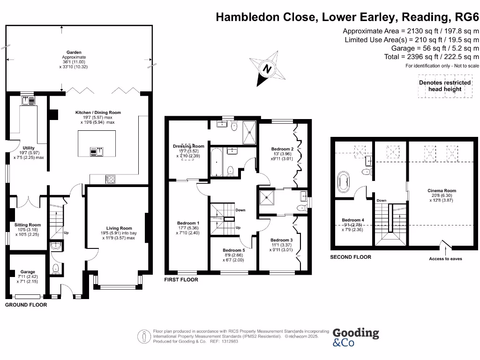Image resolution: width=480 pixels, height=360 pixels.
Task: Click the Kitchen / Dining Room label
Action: (x=98, y=117)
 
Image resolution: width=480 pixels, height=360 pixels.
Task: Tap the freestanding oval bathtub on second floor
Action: (x=344, y=182)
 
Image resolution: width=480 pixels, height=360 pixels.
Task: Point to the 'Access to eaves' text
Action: (x=445, y=259)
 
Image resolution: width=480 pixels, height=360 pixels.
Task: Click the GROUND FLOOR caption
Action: (x=26, y=305)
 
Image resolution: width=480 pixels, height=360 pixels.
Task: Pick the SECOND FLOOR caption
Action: (x=351, y=257)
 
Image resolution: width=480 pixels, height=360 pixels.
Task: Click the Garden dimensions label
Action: (x=74, y=60)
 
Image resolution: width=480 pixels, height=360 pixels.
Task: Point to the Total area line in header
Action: (x=431, y=57)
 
